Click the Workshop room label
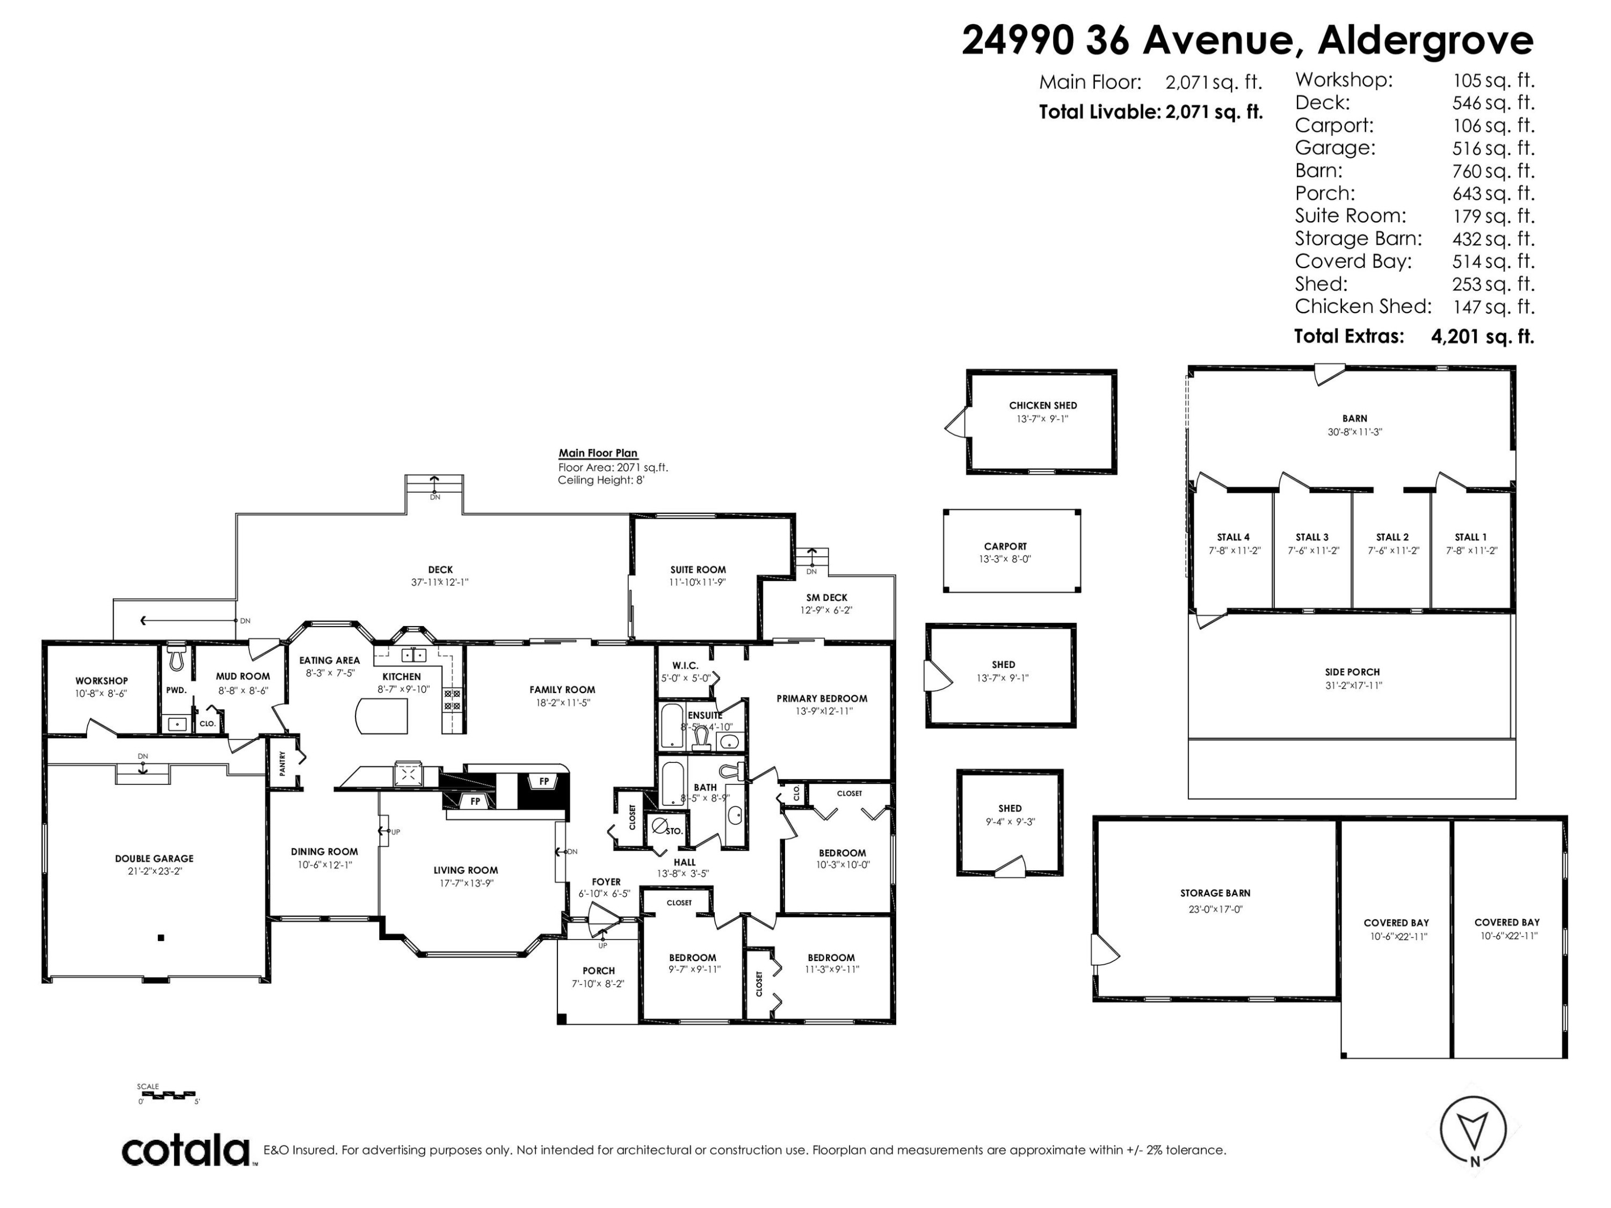pos(101,681)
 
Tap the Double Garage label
pos(155,858)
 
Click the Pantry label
pos(282,762)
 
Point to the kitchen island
pos(381,717)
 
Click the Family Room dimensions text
pos(562,703)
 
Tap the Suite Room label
pos(698,570)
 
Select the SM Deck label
pos(826,597)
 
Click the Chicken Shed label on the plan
pos(1043,405)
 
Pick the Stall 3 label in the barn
pos(1312,537)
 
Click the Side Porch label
pos(1353,672)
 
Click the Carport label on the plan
pos(1005,546)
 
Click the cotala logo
pos(186,1151)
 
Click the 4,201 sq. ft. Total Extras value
pos(1482,337)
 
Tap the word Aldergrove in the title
pos(1425,40)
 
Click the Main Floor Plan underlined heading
pos(598,453)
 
